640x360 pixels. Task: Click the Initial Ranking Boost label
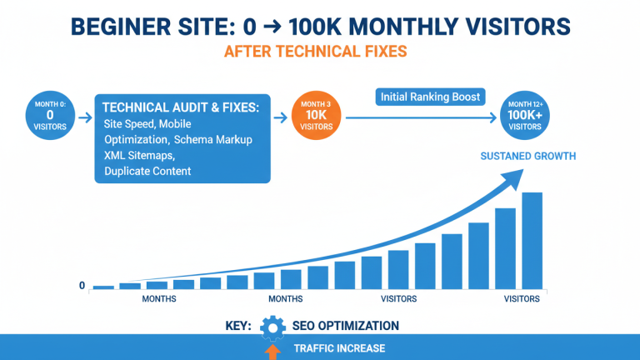point(430,97)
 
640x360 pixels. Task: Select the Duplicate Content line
point(147,171)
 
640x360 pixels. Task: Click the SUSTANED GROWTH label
point(527,156)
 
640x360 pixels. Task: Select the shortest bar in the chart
point(103,287)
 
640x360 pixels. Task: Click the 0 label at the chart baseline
point(82,286)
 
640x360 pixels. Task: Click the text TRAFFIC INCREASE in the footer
point(339,348)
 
